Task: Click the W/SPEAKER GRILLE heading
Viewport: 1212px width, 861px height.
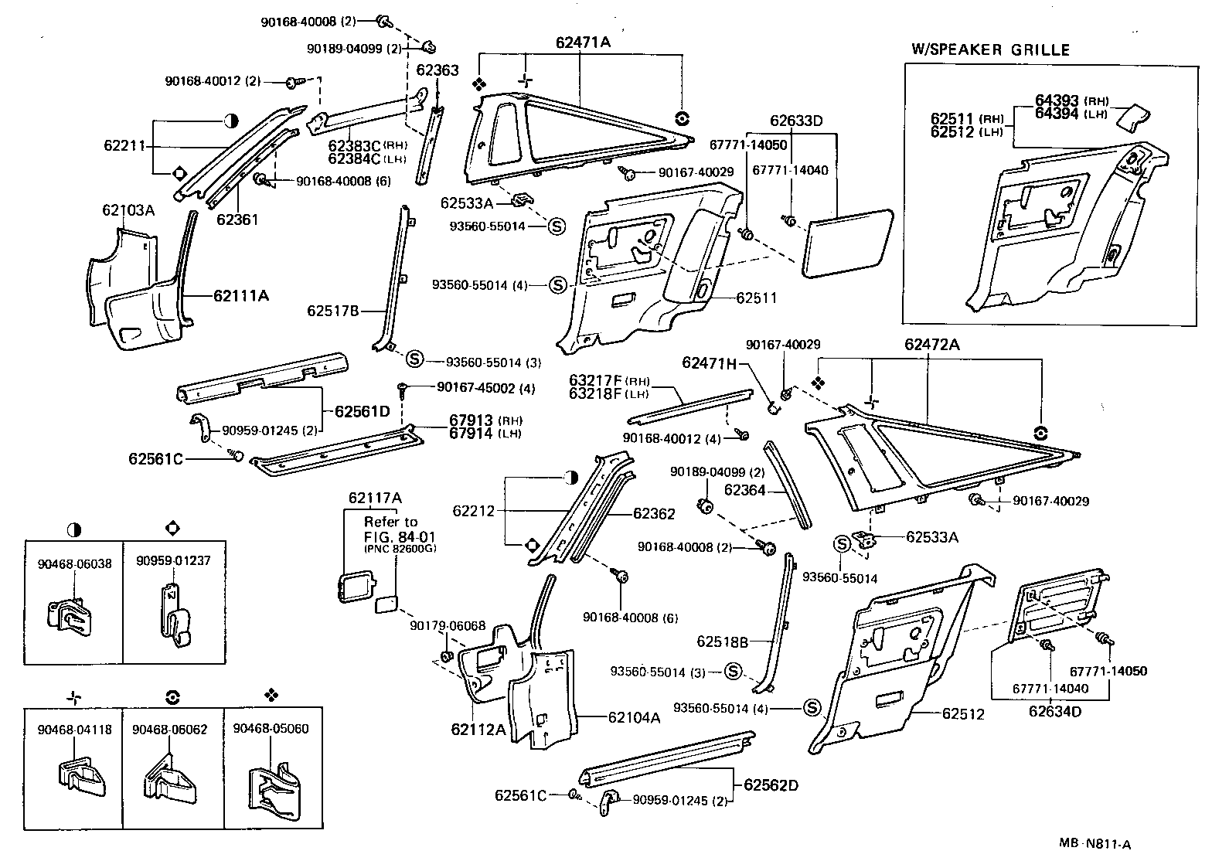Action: [x=990, y=50]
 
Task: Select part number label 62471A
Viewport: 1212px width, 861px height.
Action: [x=583, y=43]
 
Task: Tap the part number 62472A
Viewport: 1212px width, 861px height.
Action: [x=931, y=345]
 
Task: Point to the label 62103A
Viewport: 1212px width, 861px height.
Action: [x=128, y=210]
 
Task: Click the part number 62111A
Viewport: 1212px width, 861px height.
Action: [x=241, y=295]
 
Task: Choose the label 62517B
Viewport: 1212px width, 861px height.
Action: [x=332, y=311]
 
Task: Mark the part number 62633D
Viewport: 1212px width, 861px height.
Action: [x=796, y=121]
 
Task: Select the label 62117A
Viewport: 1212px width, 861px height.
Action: [x=374, y=498]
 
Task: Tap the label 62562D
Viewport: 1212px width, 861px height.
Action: [x=771, y=785]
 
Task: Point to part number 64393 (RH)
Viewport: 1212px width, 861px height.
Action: [x=1071, y=100]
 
